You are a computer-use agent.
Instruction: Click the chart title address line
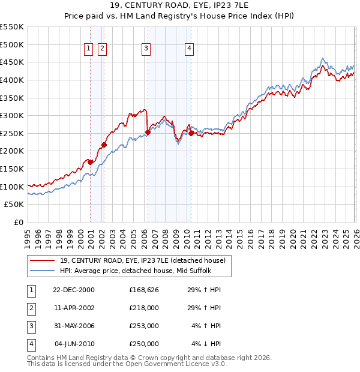(180, 6)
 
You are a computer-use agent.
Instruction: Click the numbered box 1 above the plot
(89, 49)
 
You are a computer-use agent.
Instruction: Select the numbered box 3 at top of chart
(146, 49)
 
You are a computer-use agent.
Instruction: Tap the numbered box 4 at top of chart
(189, 49)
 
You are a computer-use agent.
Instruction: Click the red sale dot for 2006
(148, 132)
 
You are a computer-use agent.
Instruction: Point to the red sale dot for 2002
(104, 145)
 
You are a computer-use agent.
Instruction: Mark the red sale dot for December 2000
(90, 162)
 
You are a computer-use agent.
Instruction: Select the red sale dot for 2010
(191, 133)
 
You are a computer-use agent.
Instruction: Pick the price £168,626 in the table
(144, 290)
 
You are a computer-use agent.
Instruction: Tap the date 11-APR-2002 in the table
(74, 307)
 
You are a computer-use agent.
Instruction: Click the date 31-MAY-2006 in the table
(74, 325)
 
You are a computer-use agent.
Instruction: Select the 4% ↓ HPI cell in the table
(206, 344)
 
